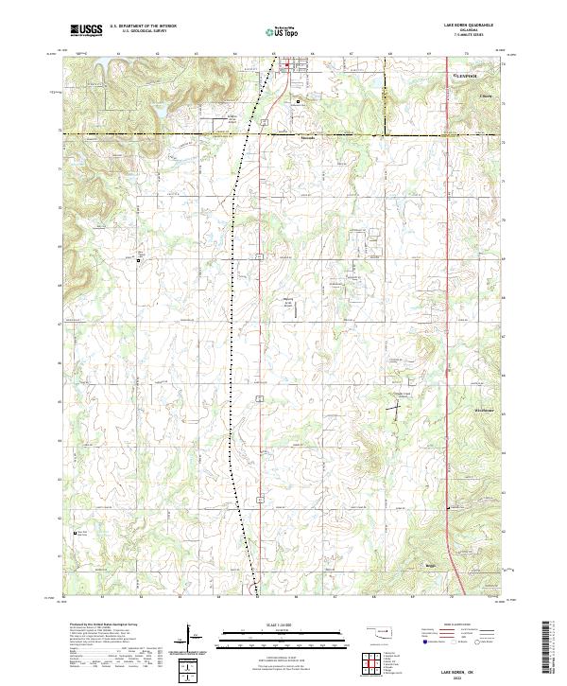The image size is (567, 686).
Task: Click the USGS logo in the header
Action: point(87,30)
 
